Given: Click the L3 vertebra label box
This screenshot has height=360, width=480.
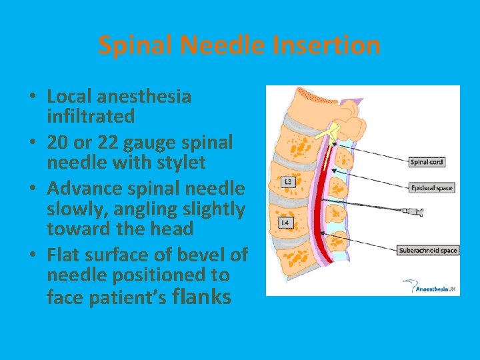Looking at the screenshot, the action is (x=287, y=181).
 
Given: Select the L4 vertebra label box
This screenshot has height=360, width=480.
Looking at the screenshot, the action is (x=285, y=223).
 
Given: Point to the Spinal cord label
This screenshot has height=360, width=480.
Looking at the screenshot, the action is (x=427, y=162).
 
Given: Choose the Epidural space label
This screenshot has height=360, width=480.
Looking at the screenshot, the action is (x=431, y=188).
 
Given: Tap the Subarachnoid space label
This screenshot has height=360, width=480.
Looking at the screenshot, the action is (x=428, y=251).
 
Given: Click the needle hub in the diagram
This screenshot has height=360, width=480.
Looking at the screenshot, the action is (x=413, y=213).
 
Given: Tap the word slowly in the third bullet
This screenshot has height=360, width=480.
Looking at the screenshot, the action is (x=74, y=209).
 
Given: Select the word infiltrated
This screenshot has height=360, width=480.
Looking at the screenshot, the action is (x=91, y=117).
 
